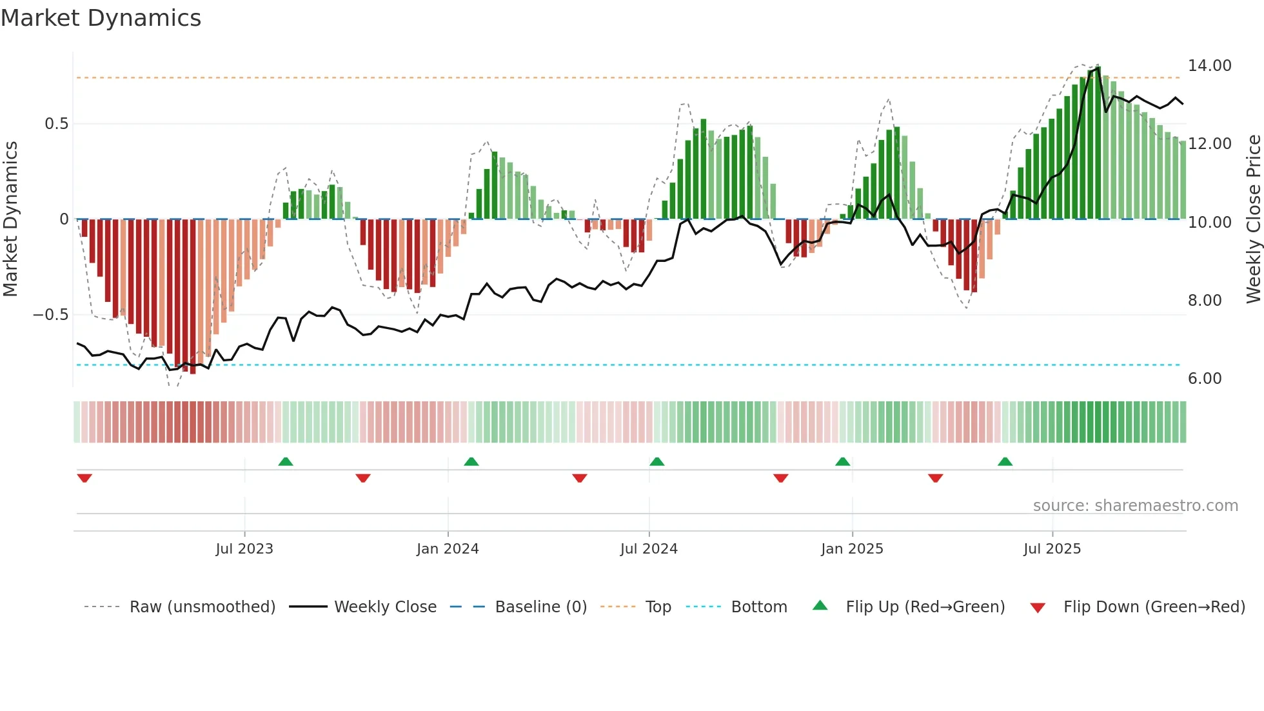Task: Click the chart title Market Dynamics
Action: [x=101, y=18]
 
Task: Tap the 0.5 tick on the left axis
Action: [x=56, y=124]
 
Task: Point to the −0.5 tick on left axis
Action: [x=51, y=315]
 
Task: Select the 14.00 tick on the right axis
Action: [x=1209, y=66]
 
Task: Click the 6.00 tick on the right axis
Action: [x=1205, y=379]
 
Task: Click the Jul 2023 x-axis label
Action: [x=244, y=549]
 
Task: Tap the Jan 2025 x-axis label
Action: [x=852, y=549]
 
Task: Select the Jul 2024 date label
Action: [x=649, y=549]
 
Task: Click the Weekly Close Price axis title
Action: [x=1253, y=219]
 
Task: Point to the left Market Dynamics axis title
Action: [x=10, y=219]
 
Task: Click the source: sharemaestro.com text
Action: [x=1135, y=506]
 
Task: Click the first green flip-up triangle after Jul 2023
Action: [x=286, y=461]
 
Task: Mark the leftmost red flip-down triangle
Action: [x=84, y=478]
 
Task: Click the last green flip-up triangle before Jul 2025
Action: [x=1005, y=461]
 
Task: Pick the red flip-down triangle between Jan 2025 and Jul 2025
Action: [x=936, y=478]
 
